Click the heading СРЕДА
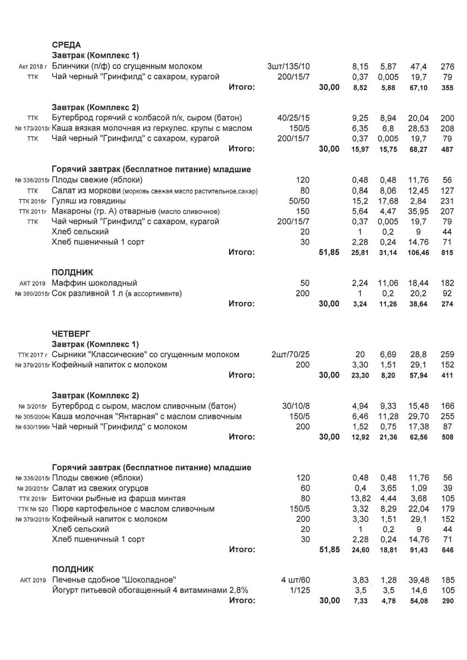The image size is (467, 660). [x=66, y=45]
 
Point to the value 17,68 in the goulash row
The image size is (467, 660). [x=388, y=201]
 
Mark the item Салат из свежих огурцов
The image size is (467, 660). [x=101, y=488]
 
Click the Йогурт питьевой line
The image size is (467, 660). [x=150, y=590]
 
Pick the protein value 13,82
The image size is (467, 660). [x=359, y=498]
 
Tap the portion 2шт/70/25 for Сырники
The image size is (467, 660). [x=290, y=355]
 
